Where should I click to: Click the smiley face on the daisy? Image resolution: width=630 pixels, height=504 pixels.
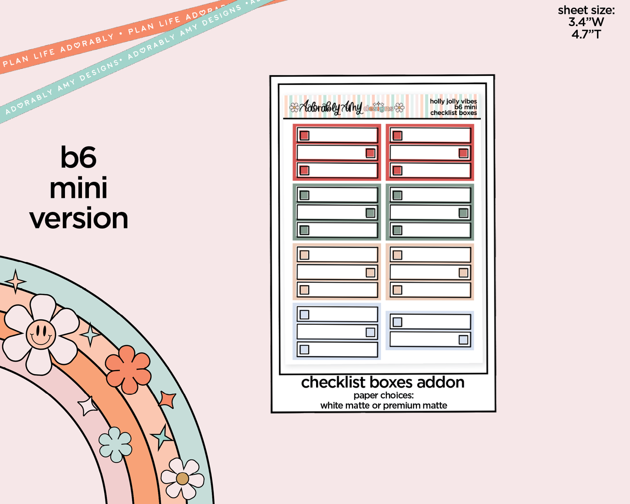[41, 334]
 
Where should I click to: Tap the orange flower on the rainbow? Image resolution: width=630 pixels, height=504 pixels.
[128, 369]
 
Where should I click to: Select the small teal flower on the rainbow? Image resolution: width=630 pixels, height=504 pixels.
[115, 444]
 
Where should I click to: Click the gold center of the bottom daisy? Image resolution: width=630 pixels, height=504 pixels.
[182, 479]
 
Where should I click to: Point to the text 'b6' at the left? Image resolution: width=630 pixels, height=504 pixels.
[78, 157]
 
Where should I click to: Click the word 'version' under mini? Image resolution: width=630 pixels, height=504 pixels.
[79, 219]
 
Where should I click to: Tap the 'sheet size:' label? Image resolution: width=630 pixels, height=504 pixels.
[586, 10]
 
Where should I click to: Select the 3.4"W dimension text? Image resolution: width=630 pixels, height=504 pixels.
[586, 22]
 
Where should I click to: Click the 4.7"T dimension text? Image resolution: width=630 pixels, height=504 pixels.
[586, 34]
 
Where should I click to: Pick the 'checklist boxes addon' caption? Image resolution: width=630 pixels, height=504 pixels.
[383, 382]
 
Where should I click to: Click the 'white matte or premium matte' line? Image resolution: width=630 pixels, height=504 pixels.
[384, 405]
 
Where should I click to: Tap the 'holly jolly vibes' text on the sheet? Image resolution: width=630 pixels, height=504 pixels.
[453, 101]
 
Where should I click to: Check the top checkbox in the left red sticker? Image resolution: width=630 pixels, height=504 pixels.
[304, 136]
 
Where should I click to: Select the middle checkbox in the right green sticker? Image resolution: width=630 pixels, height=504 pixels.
[463, 213]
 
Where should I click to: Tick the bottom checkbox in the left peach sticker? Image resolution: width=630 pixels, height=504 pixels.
[304, 290]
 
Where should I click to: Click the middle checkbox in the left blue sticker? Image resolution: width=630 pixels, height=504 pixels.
[370, 332]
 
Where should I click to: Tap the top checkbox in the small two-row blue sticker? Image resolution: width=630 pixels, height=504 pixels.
[397, 322]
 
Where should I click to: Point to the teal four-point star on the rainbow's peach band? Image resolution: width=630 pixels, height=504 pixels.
[91, 335]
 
